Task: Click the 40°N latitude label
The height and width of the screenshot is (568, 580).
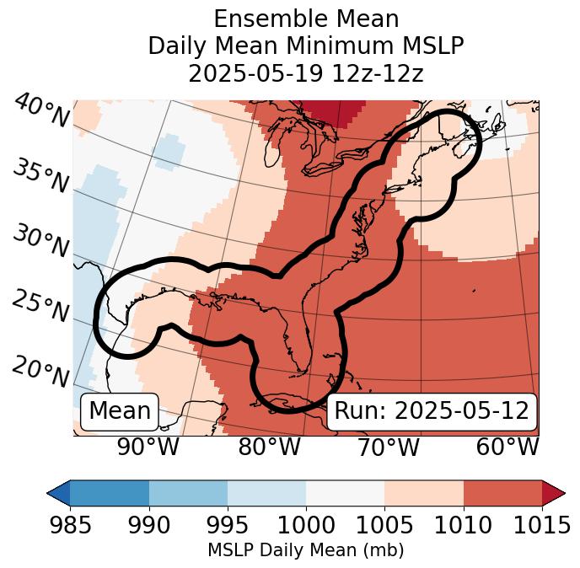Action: pos(40,111)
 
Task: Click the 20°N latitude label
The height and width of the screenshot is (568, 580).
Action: pos(40,371)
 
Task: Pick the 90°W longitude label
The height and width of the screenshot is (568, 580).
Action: pos(148,447)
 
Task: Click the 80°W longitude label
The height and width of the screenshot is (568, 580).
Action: pos(269,447)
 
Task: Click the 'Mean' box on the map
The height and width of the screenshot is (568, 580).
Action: pos(120,411)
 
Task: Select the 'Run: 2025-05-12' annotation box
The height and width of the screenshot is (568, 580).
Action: pos(432,411)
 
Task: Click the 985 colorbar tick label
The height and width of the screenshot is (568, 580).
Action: pos(71,525)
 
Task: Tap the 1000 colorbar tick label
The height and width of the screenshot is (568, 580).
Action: pos(306,525)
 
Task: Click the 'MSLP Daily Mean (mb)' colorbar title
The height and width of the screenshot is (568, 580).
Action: pos(306,551)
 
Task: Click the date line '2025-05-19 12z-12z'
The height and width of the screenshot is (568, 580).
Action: pos(306,73)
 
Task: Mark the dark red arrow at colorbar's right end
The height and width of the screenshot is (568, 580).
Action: pos(554,493)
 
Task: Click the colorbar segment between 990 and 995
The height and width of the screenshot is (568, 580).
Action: pos(188,493)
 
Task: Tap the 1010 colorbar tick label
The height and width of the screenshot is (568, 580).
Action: pos(463,525)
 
